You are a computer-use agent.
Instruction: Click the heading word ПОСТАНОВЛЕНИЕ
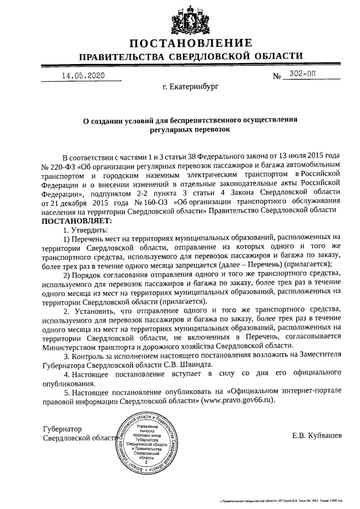click(190, 44)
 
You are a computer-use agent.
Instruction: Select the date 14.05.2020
click(83, 75)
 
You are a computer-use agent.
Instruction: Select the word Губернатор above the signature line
click(62, 428)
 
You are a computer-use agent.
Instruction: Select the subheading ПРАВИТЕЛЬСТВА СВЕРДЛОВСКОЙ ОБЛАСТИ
click(190, 57)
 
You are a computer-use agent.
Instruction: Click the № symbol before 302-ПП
click(277, 76)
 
